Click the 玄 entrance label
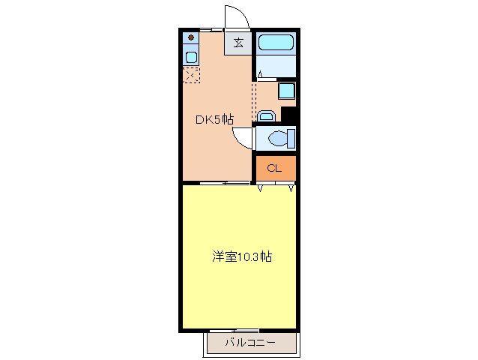(x=238, y=43)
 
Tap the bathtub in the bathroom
(x=276, y=42)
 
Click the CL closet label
(x=274, y=168)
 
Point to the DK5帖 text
(x=214, y=119)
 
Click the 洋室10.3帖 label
(x=240, y=257)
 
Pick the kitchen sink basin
(x=191, y=57)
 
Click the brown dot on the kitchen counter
(x=191, y=37)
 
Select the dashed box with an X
(x=191, y=74)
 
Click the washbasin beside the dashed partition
(x=266, y=116)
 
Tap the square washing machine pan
(x=287, y=91)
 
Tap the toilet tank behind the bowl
(x=291, y=139)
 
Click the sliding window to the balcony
(x=234, y=331)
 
